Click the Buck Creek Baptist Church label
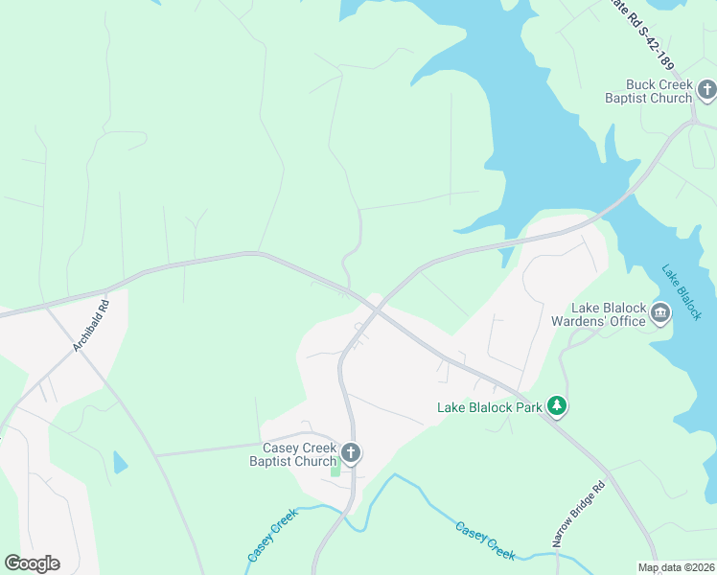648,91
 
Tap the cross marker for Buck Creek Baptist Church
707,91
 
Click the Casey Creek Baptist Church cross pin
351,453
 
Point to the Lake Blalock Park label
490,407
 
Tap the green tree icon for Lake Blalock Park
557,407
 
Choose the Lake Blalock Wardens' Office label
609,314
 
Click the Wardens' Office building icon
660,313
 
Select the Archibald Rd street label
93,326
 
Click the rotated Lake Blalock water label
682,291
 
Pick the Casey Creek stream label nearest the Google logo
273,535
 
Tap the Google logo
32,563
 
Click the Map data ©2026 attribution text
676,567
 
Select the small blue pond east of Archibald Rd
120,462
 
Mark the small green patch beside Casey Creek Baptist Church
335,469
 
